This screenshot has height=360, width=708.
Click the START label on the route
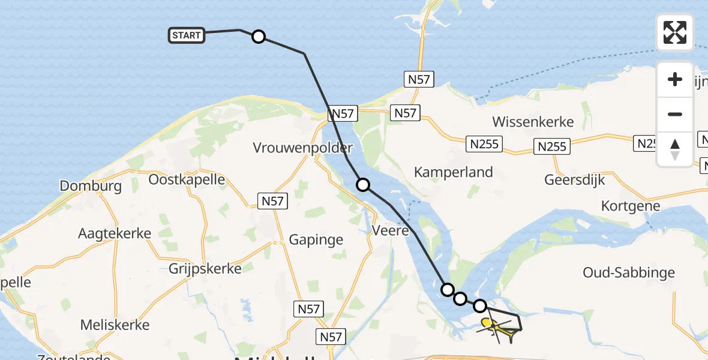pyautogui.click(x=187, y=35)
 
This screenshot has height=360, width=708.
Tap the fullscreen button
pyautogui.click(x=675, y=32)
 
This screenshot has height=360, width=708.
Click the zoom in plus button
pyautogui.click(x=675, y=79)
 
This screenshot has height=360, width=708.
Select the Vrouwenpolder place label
pyautogui.click(x=294, y=148)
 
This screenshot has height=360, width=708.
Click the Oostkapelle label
pyautogui.click(x=186, y=179)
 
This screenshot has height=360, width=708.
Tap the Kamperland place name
pyautogui.click(x=454, y=172)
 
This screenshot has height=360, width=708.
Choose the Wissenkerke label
pyautogui.click(x=533, y=122)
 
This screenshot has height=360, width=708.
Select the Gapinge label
pyautogui.click(x=316, y=240)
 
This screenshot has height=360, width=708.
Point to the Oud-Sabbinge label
pyautogui.click(x=629, y=273)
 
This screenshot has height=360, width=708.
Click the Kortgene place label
pyautogui.click(x=631, y=206)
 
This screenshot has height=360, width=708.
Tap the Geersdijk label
pyautogui.click(x=575, y=179)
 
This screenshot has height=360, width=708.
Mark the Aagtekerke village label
pyautogui.click(x=115, y=233)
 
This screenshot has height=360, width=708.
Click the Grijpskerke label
pyautogui.click(x=205, y=268)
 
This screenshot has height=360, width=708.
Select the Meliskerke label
pyautogui.click(x=115, y=325)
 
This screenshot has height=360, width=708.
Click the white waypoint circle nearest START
pyautogui.click(x=258, y=37)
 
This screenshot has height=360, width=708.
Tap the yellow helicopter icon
pyautogui.click(x=489, y=326)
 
